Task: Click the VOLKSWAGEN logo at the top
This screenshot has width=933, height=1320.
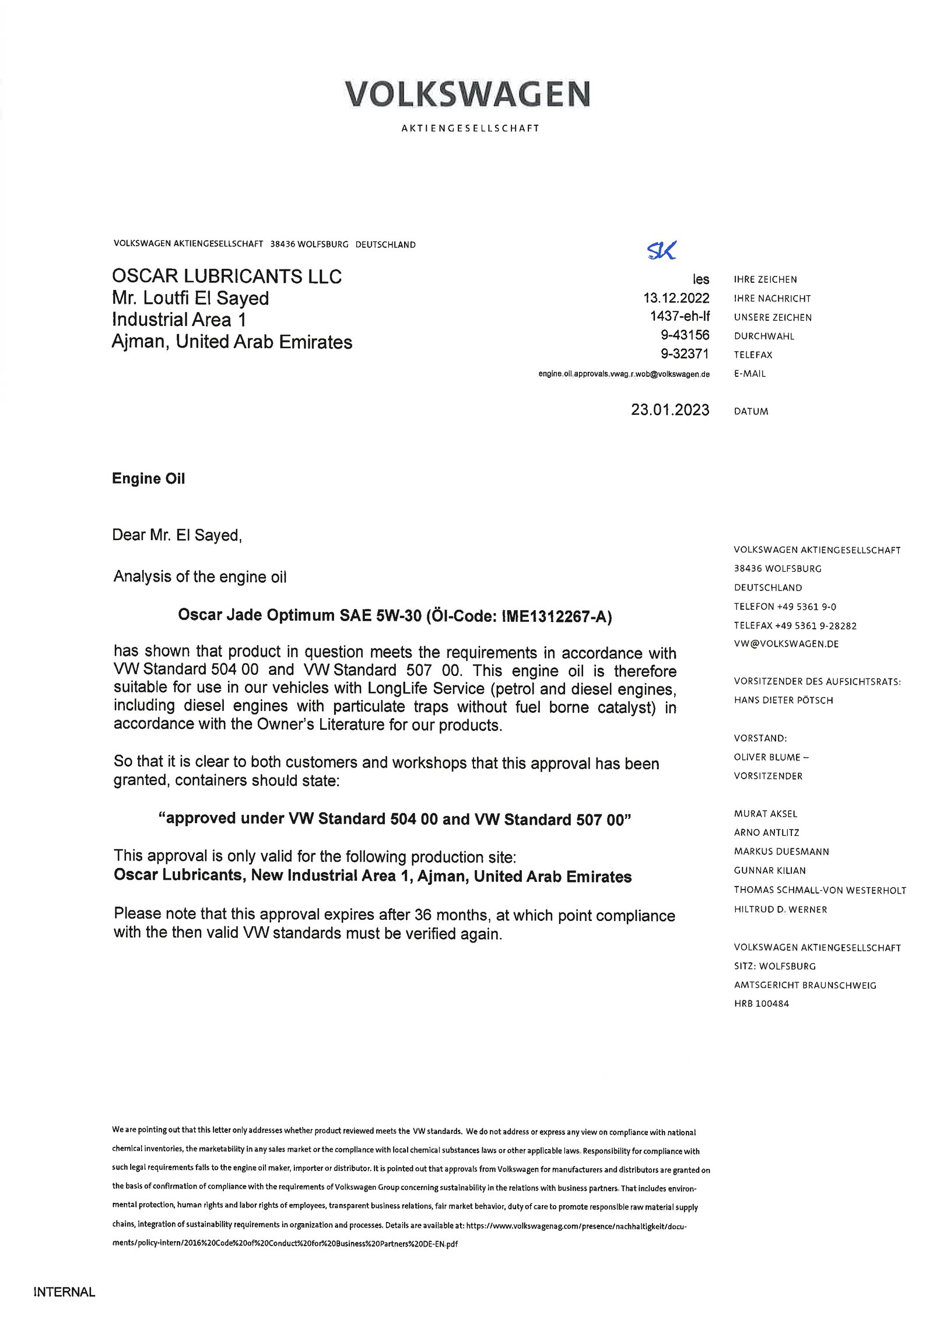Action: pyautogui.click(x=467, y=94)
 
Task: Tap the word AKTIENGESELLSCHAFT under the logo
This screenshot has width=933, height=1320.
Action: pyautogui.click(x=470, y=128)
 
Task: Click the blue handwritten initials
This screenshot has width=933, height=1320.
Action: pyautogui.click(x=661, y=250)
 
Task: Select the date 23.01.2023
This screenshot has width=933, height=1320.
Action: pyautogui.click(x=670, y=410)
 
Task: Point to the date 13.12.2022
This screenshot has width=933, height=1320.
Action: pyautogui.click(x=676, y=298)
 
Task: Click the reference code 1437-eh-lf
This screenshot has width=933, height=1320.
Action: pyautogui.click(x=680, y=317)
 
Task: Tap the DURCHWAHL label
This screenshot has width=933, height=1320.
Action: pyautogui.click(x=764, y=336)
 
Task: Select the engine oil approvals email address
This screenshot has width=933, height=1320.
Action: pyautogui.click(x=624, y=374)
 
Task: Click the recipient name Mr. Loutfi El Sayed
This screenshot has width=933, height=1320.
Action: pyautogui.click(x=190, y=298)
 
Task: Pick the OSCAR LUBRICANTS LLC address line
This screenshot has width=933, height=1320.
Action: pyautogui.click(x=226, y=276)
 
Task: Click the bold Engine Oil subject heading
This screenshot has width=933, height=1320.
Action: pyautogui.click(x=148, y=478)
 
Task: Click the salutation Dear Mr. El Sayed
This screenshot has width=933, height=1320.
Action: pyautogui.click(x=177, y=535)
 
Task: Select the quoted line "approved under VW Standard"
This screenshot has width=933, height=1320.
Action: pyautogui.click(x=395, y=819)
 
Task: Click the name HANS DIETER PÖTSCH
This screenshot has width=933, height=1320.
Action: pyautogui.click(x=783, y=700)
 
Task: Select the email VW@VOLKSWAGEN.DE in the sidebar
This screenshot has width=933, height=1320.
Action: pyautogui.click(x=778, y=644)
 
